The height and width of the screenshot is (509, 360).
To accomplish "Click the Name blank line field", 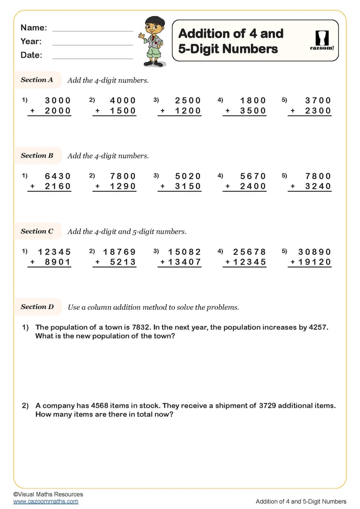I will point(93,30).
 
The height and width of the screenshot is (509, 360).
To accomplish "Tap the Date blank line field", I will point(93,58).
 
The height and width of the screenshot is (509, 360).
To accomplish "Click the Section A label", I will point(37,80).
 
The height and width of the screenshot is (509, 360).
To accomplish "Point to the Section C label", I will point(37,231).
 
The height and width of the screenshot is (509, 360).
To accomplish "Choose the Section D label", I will point(37,307).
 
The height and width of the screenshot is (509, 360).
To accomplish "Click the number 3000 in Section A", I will point(58,100).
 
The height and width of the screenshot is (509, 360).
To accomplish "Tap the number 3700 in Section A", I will point(318,100).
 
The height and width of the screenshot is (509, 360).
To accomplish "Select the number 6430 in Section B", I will point(58,176).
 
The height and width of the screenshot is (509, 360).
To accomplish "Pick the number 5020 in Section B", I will point(187,176).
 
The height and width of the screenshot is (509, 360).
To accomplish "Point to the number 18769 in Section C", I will point(119,252).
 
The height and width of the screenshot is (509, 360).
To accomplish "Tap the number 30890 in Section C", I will point(315,252).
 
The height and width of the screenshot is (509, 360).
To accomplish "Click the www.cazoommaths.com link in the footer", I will point(46,501).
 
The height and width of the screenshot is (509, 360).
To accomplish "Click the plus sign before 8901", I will point(32,262).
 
